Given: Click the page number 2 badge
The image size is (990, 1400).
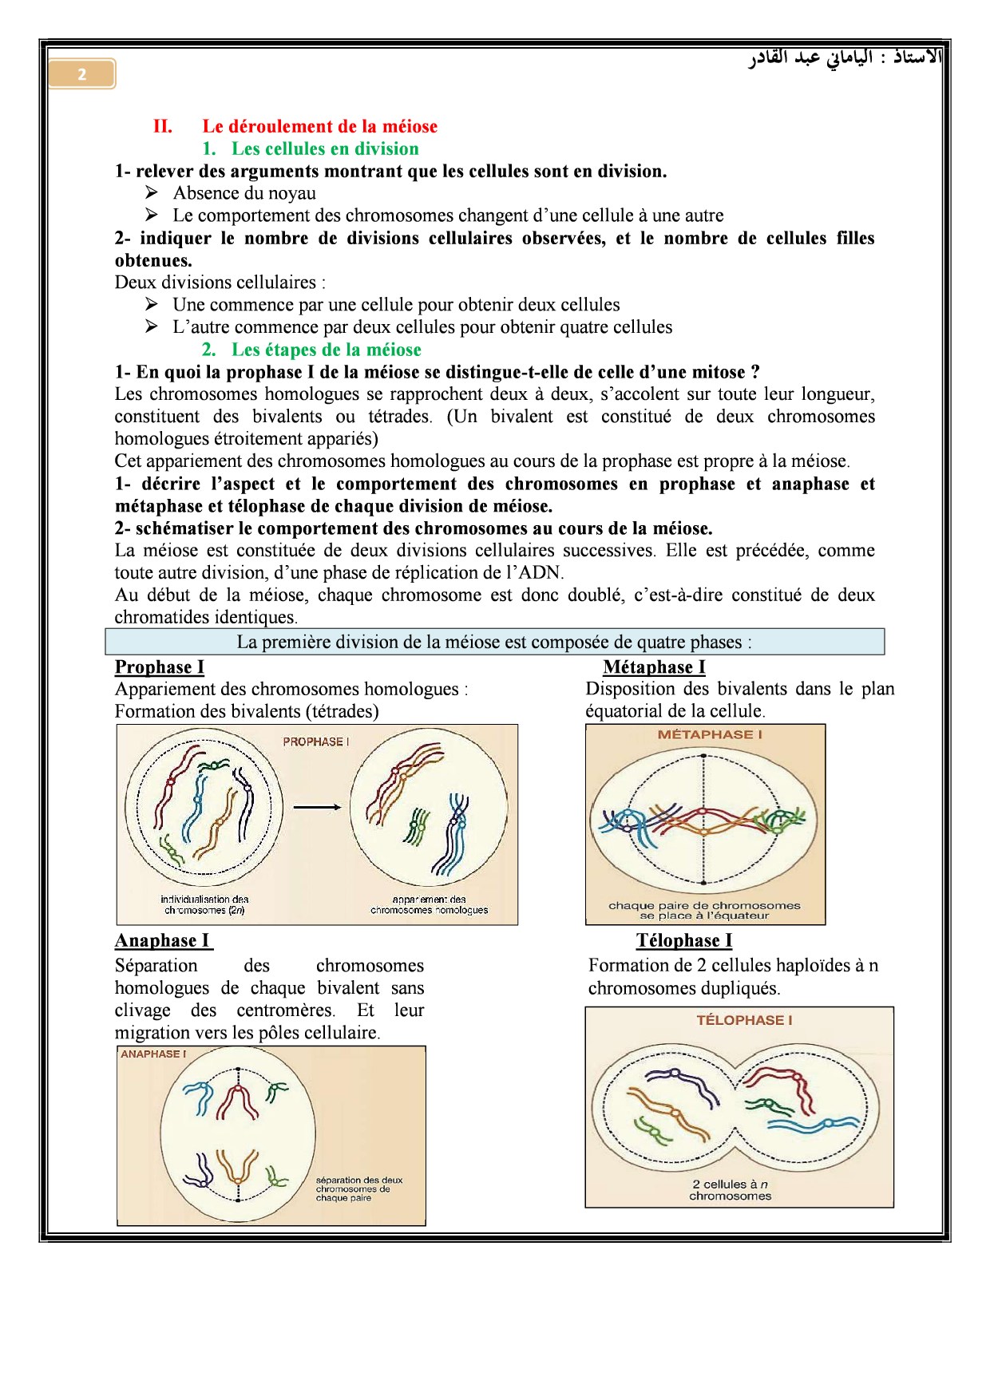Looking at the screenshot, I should point(81,74).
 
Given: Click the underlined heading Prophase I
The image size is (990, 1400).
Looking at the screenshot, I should point(159,667).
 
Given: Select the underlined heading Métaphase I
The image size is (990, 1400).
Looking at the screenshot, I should point(654,667).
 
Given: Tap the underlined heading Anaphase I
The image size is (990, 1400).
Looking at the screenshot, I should point(163,940).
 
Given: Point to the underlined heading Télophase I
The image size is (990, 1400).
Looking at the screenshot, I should point(684,940).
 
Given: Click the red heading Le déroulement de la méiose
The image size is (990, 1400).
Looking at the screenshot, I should point(319,126).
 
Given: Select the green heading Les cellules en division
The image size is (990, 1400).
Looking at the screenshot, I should point(325,148).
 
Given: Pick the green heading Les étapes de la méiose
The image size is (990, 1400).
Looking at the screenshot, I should point(326,350).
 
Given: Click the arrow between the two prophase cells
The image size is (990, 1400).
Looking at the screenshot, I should point(317,807).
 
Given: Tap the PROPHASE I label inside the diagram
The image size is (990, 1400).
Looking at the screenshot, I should point(315,742).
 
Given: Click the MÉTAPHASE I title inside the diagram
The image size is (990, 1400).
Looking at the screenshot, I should point(709,734).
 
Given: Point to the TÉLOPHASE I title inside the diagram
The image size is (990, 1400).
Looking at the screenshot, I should point(744,1020).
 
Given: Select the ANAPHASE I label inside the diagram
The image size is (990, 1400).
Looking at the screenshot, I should point(153,1054).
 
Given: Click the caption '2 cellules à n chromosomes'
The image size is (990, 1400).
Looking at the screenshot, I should point(730,1190).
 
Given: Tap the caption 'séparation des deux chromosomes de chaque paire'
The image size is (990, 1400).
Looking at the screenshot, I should point(358,1188).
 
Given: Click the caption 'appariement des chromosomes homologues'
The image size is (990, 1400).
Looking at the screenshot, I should point(429,904).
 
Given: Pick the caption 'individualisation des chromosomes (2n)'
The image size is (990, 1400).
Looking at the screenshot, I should point(204,904).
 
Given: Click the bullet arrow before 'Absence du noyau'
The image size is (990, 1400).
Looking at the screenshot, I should point(152,193).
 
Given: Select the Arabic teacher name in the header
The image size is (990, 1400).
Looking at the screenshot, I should point(845,57).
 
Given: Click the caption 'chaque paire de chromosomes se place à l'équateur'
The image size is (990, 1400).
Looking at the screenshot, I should point(704,910).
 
